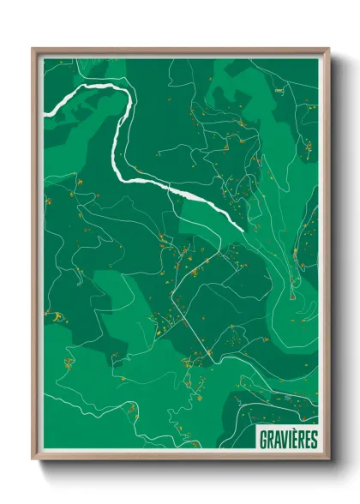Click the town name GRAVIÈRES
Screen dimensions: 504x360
click(287, 439)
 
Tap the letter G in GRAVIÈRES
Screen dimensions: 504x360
click(263, 439)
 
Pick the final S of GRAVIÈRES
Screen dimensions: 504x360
click(313, 439)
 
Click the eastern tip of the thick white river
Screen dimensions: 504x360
click(243, 229)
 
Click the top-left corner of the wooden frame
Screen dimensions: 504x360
click(33, 49)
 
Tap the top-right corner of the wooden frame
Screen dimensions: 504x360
click(328, 49)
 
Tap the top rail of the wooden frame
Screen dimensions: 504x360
click(180, 51)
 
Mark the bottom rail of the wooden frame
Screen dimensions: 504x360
click(180, 458)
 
